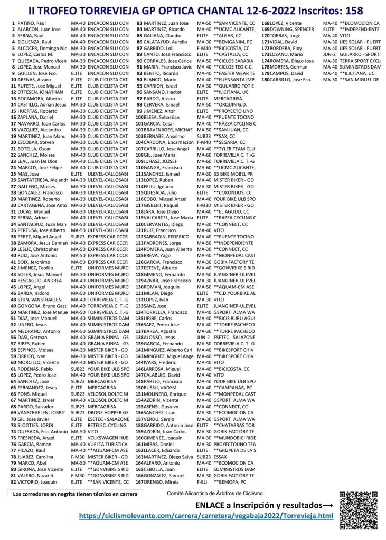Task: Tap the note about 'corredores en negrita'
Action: (76, 494)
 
